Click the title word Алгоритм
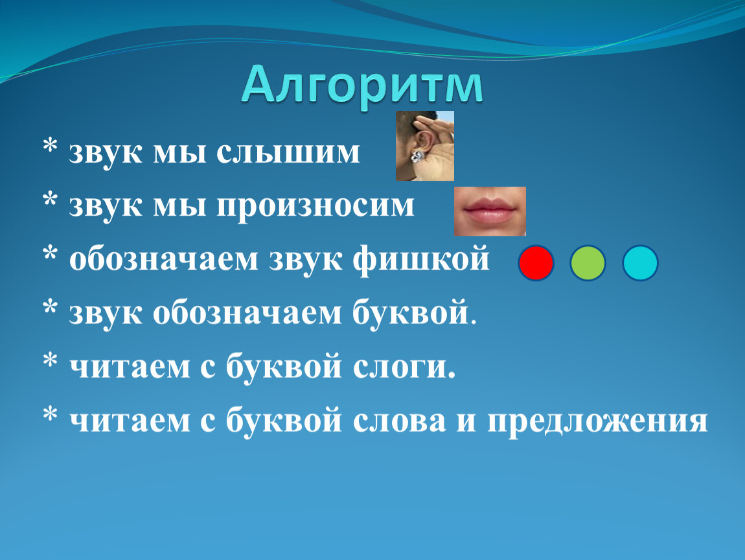tap(363, 86)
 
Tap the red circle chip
tap(536, 263)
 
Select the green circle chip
tap(588, 263)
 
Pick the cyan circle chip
tap(640, 263)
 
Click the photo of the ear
tap(425, 146)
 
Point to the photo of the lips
tap(490, 211)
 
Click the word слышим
tap(288, 153)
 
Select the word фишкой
tap(421, 259)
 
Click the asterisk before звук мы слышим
tap(50, 146)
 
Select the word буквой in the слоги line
tap(284, 366)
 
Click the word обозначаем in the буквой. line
tap(247, 314)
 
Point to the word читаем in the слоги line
tap(130, 367)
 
